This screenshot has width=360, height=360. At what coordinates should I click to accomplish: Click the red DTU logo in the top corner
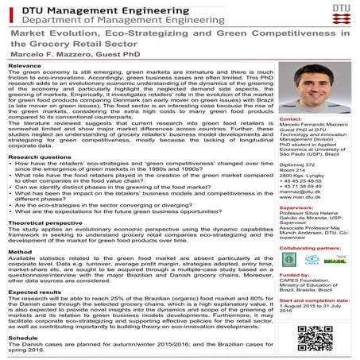tap(344, 12)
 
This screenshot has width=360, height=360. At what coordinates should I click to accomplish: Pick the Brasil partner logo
tap(334, 260)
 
